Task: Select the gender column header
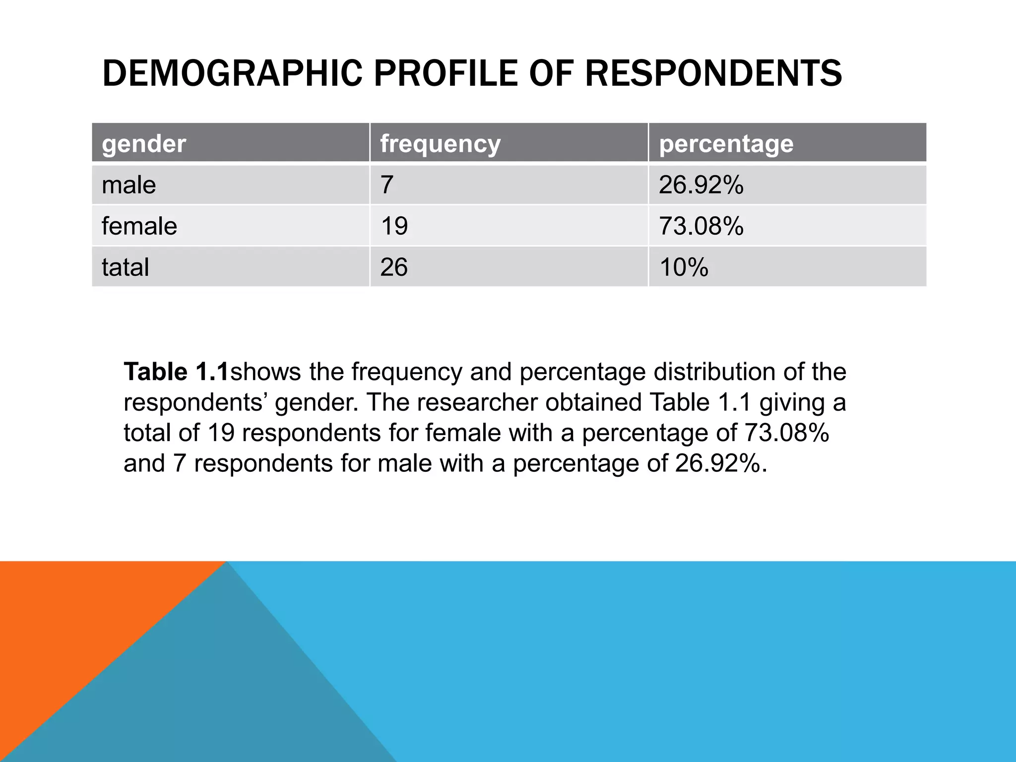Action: point(144,144)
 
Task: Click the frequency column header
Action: point(441,144)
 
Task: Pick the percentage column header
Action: point(726,144)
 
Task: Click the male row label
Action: point(129,185)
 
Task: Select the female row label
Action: point(139,226)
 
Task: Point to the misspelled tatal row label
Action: point(126,267)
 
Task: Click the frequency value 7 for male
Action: point(387,185)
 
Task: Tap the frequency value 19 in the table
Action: point(394,226)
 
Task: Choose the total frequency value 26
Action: point(394,267)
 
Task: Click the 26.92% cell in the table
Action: point(701,185)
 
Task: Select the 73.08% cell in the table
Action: point(701,226)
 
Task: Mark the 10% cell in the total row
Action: point(684,267)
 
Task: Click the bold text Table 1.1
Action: point(177,372)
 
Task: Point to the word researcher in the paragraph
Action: point(477,402)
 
